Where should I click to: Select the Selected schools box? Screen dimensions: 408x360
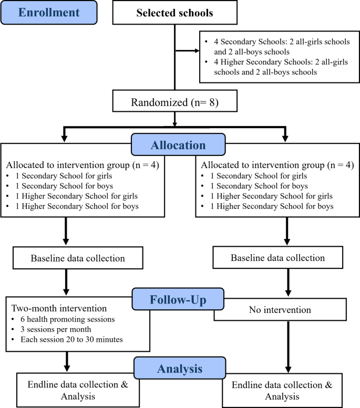pyautogui.click(x=174, y=13)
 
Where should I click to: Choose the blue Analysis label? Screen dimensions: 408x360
pyautogui.click(x=173, y=368)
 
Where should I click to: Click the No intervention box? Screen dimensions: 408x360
pyautogui.click(x=280, y=310)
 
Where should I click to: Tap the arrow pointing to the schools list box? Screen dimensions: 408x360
pyautogui.click(x=187, y=51)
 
